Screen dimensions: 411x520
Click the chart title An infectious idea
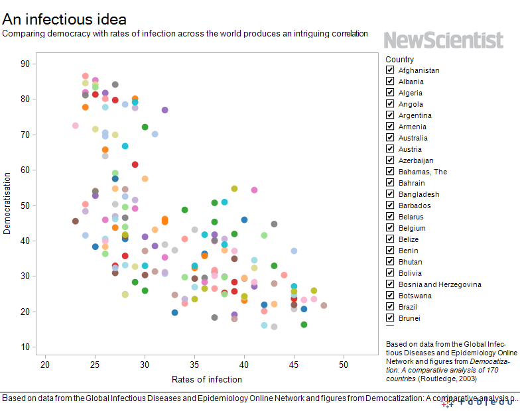point(64,19)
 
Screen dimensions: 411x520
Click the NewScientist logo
point(443,40)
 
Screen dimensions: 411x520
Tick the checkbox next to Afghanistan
point(391,70)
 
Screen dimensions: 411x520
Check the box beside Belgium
point(391,228)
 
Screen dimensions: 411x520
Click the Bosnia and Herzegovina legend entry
point(440,284)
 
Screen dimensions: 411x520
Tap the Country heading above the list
point(399,59)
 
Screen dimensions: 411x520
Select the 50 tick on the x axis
point(344,365)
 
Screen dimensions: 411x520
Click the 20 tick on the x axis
point(45,365)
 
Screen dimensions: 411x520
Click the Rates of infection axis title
point(207,380)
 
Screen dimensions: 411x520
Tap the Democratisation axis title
point(7,204)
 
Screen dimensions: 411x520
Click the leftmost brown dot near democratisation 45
point(76,221)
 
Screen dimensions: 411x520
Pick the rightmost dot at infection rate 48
point(324,306)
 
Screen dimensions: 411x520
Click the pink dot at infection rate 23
point(76,125)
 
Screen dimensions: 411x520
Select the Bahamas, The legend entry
point(422,172)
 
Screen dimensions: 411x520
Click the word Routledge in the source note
point(436,378)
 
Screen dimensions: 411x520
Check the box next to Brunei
point(391,318)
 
